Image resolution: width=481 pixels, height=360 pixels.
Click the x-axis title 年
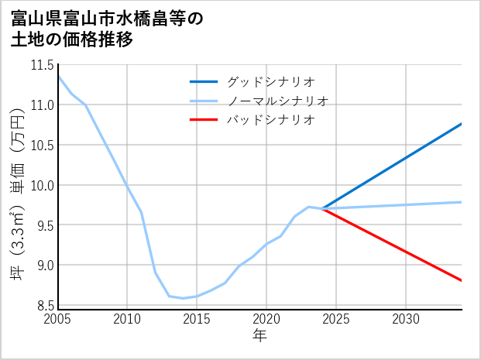point(259,335)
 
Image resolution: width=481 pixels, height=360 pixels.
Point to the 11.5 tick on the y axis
point(41,65)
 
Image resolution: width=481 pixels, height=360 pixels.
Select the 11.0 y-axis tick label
point(41,105)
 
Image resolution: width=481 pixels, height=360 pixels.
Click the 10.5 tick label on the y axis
point(41,146)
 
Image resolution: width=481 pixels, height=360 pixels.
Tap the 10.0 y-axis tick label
point(41,186)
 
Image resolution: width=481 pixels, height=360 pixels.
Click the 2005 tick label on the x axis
point(58,319)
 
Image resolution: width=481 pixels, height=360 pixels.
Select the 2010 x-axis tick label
point(127,319)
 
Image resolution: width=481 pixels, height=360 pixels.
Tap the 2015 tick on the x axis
point(197,319)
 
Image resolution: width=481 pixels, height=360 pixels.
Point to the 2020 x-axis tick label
point(266,319)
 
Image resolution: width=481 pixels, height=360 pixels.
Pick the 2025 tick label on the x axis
point(336,319)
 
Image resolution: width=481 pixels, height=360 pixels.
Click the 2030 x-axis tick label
point(406,319)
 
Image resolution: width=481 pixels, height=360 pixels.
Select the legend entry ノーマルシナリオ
point(277,101)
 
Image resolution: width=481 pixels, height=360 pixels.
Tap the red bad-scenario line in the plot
point(395,245)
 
